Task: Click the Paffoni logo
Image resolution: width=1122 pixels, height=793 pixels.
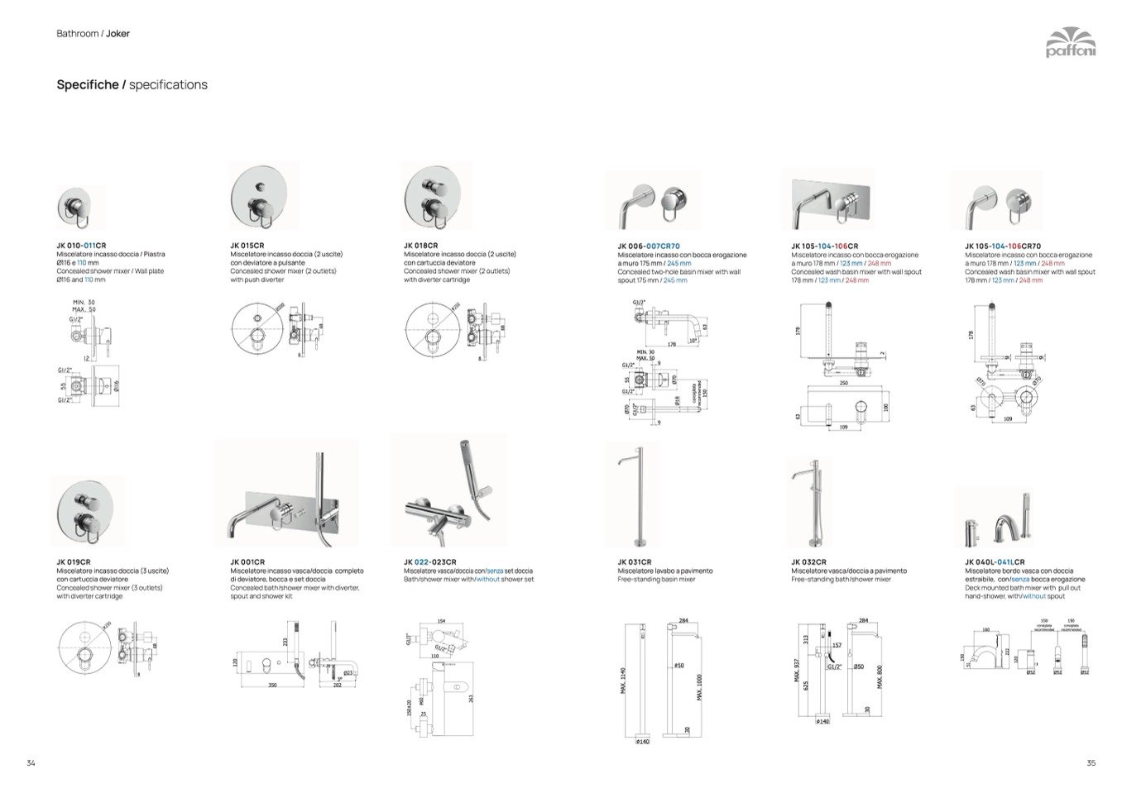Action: tap(1070, 42)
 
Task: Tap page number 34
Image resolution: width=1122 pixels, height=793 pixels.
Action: tap(31, 763)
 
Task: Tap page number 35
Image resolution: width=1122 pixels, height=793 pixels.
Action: tap(1091, 763)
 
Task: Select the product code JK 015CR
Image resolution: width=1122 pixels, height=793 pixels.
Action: tap(247, 246)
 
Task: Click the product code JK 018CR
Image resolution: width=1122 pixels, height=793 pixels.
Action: tap(421, 246)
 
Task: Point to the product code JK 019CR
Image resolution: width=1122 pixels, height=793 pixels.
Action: tap(74, 562)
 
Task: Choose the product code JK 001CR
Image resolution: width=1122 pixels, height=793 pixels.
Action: tap(247, 562)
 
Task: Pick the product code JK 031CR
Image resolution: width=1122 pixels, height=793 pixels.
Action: tap(635, 562)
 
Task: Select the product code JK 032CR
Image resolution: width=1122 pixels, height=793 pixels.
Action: tap(808, 562)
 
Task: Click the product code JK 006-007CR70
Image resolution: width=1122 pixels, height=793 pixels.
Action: tap(649, 246)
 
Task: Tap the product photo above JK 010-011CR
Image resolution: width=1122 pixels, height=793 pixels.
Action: tap(80, 208)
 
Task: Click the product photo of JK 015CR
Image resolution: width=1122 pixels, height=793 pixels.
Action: tap(263, 197)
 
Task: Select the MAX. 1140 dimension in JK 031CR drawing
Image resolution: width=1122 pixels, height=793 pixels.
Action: tap(623, 681)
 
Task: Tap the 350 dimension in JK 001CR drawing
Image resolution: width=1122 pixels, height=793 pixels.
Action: tap(272, 686)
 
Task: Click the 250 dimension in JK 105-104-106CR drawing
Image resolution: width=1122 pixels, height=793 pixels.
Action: tap(843, 383)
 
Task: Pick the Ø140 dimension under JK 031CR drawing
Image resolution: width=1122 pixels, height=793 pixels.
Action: tap(643, 742)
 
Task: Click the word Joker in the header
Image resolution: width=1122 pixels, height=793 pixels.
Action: tap(117, 34)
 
